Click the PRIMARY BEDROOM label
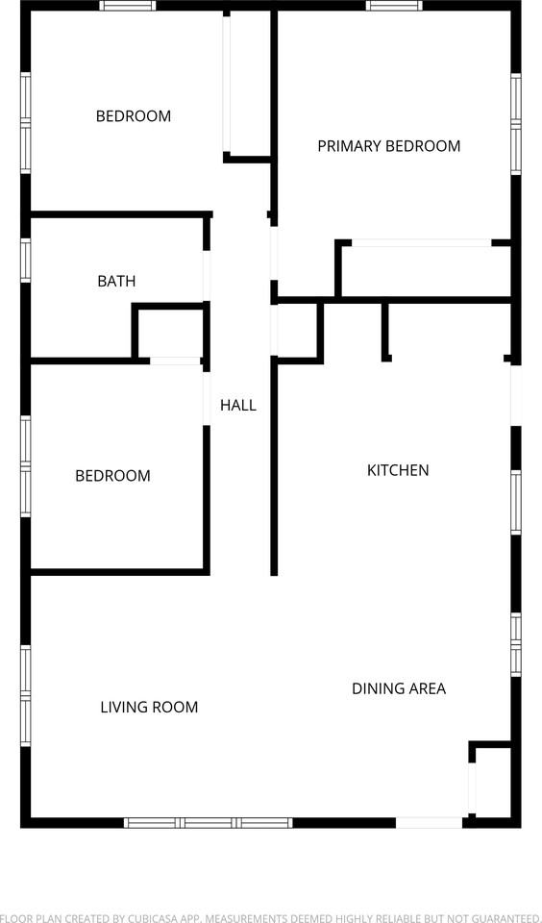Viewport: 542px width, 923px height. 388,146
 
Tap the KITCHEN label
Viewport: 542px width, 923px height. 398,470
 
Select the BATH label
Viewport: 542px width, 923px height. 116,282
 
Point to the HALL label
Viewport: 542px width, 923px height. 238,405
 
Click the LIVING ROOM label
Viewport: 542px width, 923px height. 149,707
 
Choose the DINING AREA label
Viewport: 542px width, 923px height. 398,688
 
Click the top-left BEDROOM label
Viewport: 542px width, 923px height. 133,116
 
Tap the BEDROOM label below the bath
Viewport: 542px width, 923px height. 112,476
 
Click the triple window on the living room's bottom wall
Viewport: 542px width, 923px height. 209,822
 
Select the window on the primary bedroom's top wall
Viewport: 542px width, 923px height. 394,6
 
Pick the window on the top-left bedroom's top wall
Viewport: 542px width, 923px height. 128,6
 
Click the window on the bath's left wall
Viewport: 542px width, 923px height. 26,260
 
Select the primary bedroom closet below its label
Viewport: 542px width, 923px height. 423,271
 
